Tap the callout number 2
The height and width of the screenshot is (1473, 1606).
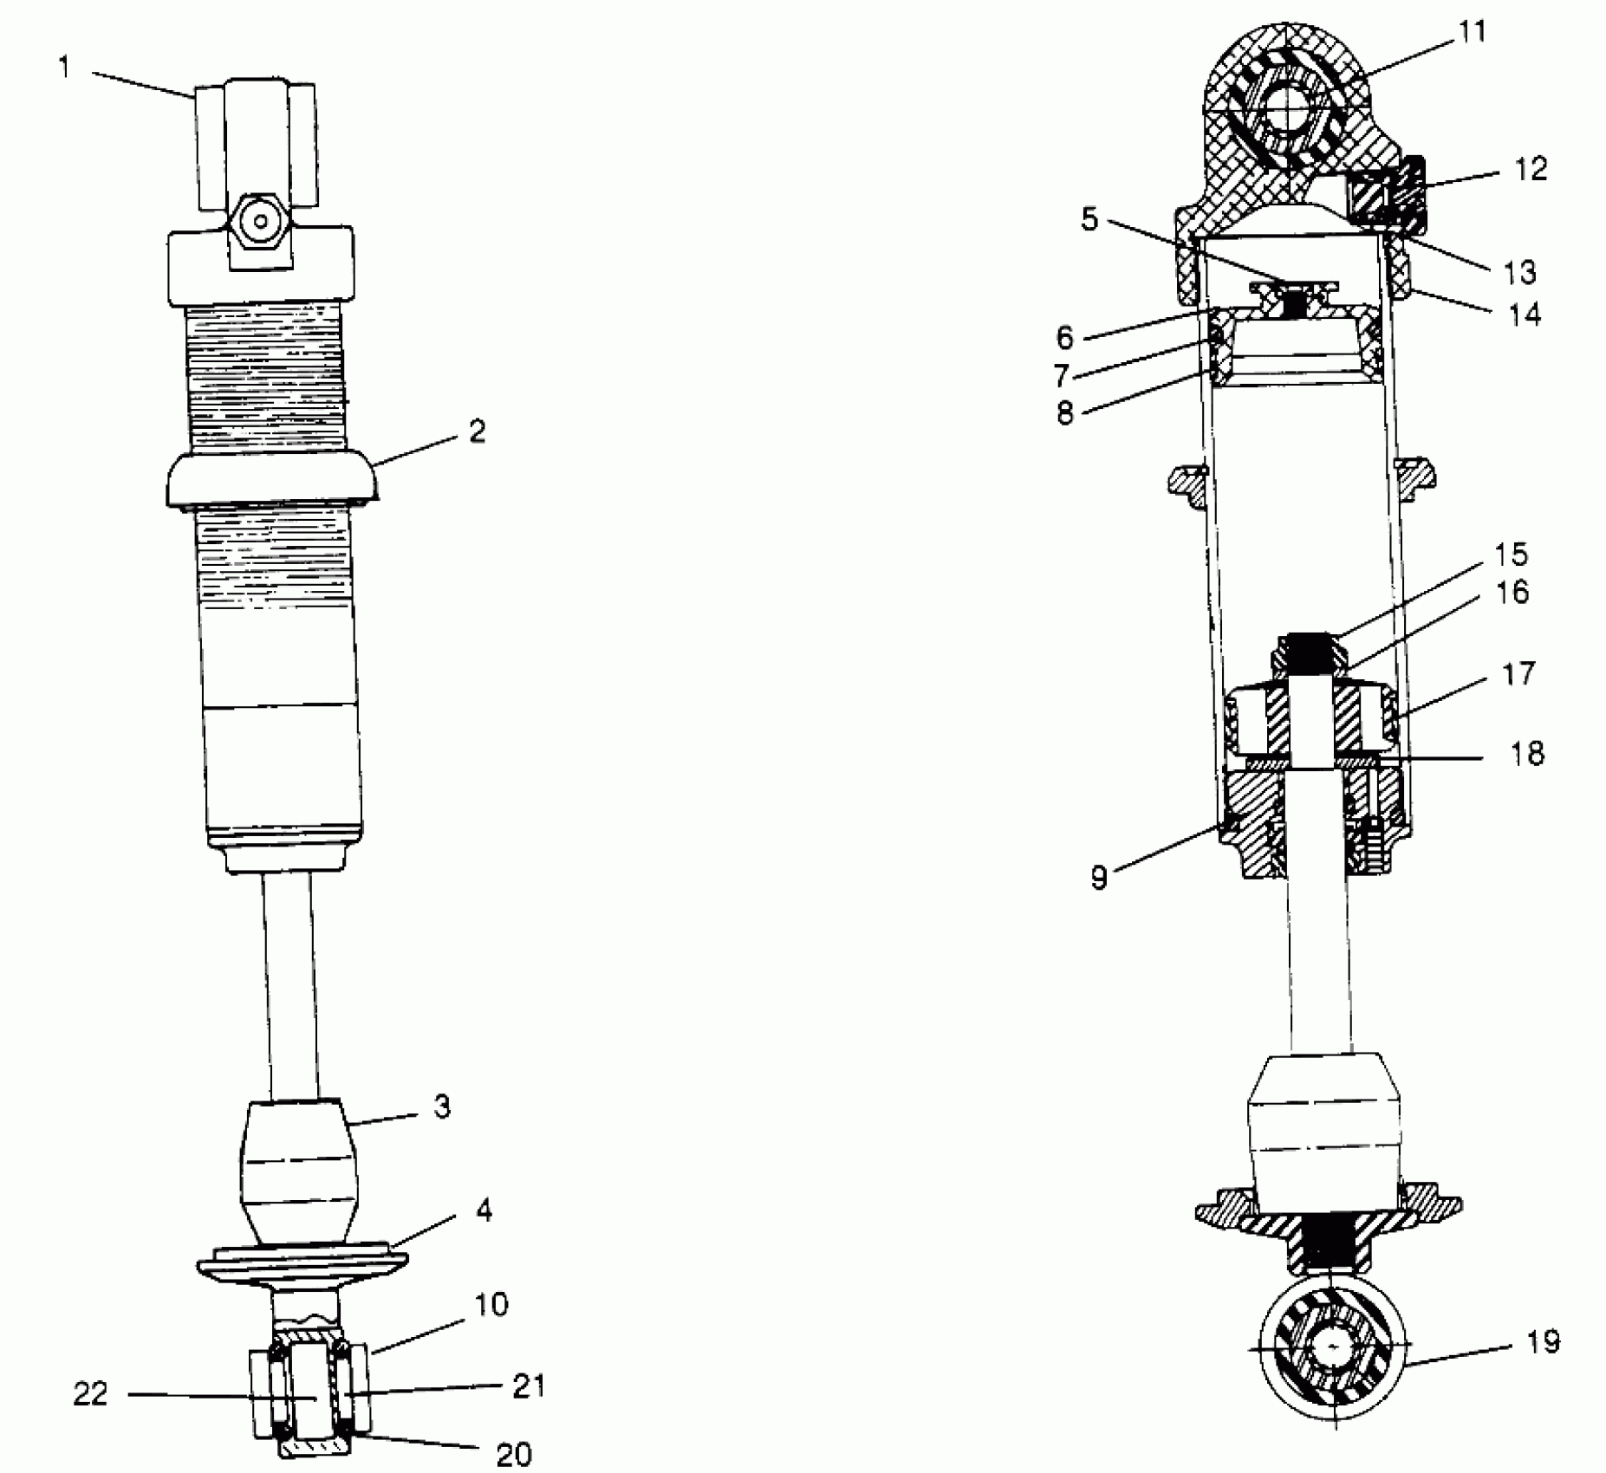tap(477, 432)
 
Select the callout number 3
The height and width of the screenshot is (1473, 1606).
tap(442, 1107)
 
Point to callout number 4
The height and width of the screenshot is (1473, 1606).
tap(484, 1210)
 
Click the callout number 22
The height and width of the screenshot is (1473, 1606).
tap(90, 1394)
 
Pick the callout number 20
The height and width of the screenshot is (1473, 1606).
tap(513, 1454)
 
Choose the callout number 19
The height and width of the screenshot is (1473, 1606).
tap(1544, 1342)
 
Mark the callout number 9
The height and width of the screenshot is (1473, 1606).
tap(1099, 879)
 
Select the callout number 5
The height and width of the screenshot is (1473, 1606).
tap(1089, 219)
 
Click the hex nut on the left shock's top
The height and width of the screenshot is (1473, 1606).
tap(259, 220)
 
